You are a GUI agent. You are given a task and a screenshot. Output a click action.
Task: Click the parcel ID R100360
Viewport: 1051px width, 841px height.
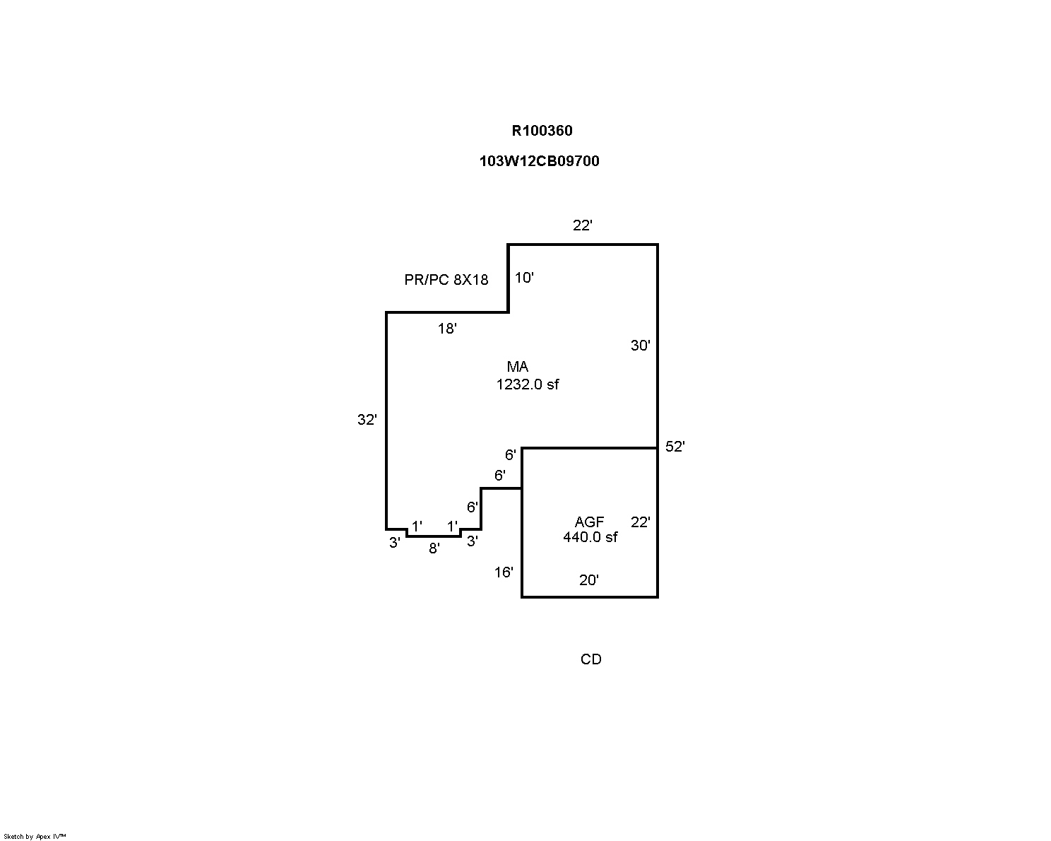click(542, 131)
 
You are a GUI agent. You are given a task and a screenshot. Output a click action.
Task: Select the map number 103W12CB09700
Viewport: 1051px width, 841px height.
click(539, 161)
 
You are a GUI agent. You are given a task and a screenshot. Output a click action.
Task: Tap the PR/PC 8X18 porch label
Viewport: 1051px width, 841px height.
click(446, 280)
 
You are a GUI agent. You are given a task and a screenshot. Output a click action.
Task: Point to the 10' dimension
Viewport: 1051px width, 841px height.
click(523, 278)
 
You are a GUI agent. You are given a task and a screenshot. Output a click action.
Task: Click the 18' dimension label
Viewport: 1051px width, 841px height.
click(447, 329)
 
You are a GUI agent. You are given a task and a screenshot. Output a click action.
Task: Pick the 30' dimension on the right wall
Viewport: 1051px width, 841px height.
click(640, 346)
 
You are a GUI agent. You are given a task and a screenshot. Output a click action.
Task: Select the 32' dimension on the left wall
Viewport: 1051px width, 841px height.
click(367, 420)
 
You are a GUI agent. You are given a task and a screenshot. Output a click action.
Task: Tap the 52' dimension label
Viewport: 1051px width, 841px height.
click(675, 447)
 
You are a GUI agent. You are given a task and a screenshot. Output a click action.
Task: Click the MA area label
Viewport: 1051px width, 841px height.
click(517, 367)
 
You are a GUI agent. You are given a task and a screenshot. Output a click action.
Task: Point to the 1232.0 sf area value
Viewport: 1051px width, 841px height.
click(528, 384)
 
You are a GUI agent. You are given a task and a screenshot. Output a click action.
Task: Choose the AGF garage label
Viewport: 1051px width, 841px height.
click(589, 522)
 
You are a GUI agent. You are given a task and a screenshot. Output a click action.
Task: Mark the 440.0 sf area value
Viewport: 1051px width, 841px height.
click(590, 537)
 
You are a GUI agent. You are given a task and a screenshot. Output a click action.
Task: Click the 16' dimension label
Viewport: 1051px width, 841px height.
click(503, 572)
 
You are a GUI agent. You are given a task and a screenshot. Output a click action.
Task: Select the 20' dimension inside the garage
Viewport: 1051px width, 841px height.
click(588, 580)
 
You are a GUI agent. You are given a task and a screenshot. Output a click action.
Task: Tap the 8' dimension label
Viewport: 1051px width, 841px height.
click(434, 548)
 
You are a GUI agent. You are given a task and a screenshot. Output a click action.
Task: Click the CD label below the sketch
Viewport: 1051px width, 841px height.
click(590, 659)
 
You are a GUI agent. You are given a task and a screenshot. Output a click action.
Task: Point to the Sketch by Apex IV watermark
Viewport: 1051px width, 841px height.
click(35, 836)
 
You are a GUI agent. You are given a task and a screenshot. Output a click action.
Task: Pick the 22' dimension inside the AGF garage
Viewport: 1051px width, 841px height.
click(640, 522)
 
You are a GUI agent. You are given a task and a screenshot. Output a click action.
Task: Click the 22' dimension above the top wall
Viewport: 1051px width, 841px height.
click(582, 225)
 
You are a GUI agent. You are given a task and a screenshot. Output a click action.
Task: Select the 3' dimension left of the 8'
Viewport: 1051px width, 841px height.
click(395, 543)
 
